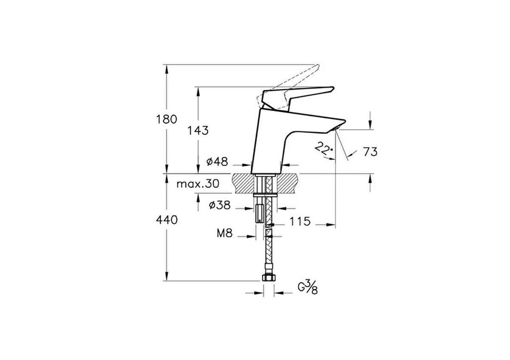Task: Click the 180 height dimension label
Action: [x=167, y=119]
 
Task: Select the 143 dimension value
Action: [x=198, y=130]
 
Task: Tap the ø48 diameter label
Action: [x=217, y=162]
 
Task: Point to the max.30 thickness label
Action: [x=198, y=184]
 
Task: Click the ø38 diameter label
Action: [x=220, y=205]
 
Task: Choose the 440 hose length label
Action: [x=167, y=220]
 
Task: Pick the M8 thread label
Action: [x=224, y=233]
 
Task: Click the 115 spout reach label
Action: [x=300, y=221]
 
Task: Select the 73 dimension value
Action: [x=370, y=152]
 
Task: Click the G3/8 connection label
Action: [x=308, y=287]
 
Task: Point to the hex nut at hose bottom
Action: [x=269, y=278]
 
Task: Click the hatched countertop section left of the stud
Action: [x=243, y=184]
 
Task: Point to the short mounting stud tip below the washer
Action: [x=260, y=214]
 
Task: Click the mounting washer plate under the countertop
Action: [x=265, y=195]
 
